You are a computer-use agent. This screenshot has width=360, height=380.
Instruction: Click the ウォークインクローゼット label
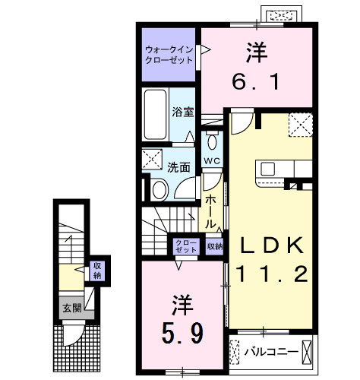tap(169, 55)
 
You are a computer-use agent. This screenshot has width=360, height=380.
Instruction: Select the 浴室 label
tap(183, 111)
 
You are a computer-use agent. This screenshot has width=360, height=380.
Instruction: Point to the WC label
tap(211, 161)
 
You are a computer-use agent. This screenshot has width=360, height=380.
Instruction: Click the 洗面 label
tap(180, 168)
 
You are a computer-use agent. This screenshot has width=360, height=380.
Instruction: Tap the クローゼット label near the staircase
tap(185, 245)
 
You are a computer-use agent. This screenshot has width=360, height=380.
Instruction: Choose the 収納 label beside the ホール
tap(214, 245)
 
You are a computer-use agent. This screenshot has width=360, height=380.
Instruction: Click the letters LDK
tap(270, 245)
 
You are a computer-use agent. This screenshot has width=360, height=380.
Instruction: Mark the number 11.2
tap(271, 275)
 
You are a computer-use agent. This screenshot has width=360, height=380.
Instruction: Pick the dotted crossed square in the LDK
tap(299, 123)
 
